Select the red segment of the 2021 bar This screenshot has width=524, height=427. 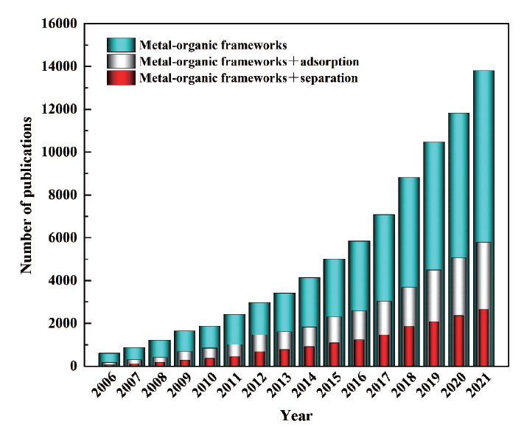[x=483, y=337]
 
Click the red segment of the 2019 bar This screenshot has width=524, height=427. [x=433, y=343]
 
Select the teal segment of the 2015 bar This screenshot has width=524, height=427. [x=333, y=288]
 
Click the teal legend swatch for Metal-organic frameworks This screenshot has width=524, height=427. [x=120, y=45]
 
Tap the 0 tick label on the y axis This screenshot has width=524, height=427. [x=73, y=367]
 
